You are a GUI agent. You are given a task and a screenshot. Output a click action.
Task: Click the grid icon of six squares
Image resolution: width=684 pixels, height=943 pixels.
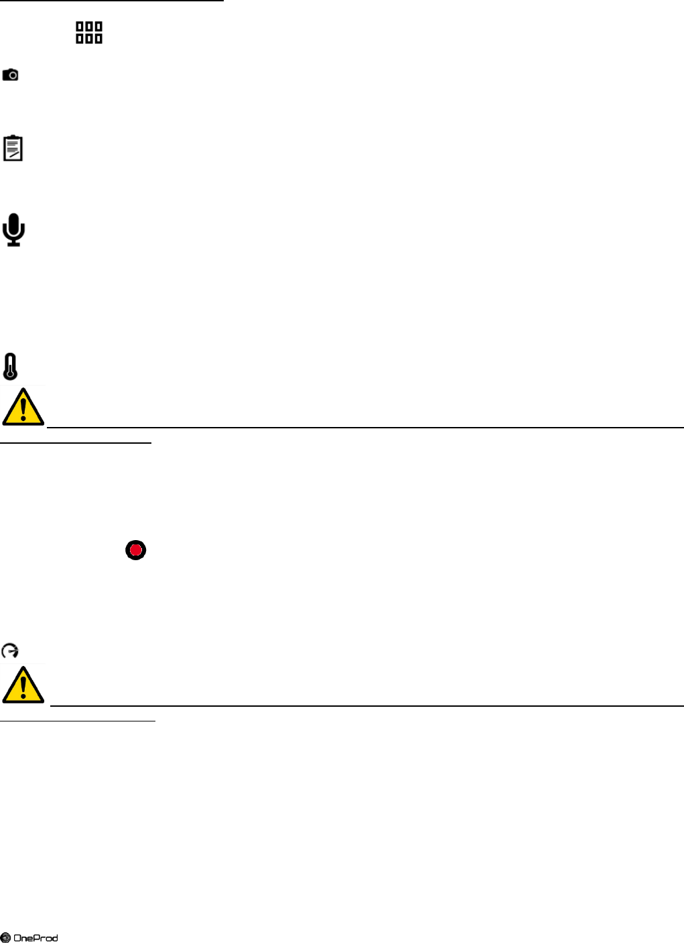coord(89,32)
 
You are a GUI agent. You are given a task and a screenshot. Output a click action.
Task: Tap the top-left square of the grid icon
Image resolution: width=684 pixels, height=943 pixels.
coord(80,27)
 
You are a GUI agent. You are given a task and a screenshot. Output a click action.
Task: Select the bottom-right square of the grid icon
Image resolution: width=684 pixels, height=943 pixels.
coord(98,38)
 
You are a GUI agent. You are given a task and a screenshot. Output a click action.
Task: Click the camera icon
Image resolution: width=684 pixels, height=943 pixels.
coord(10,74)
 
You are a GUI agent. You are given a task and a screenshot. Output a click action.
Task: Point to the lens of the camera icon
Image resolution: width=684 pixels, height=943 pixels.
coord(11,76)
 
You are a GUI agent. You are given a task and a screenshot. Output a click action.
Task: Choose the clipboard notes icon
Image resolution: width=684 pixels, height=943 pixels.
coord(13,148)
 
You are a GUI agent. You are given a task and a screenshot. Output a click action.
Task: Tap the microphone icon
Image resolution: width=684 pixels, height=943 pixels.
coord(13,230)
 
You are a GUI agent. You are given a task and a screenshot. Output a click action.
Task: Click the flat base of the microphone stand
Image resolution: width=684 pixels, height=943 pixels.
coord(13,244)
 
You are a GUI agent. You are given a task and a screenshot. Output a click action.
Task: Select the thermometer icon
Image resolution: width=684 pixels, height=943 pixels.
coord(10,367)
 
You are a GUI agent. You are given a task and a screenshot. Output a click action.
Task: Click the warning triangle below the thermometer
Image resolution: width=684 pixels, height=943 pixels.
coord(23,407)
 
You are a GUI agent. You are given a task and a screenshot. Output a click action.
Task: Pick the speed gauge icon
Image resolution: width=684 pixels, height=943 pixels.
coord(10,651)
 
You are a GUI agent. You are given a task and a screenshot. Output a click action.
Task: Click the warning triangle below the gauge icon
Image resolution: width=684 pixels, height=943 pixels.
coord(23,685)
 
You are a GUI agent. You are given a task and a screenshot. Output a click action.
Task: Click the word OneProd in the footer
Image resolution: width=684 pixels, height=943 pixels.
coord(36,938)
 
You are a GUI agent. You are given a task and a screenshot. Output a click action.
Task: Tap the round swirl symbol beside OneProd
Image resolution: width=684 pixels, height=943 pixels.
coord(5,938)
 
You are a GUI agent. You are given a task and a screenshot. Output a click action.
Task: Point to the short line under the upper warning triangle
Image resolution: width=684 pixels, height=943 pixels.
coord(76,442)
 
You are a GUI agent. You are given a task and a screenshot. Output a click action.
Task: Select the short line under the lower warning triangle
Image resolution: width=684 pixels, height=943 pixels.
coord(78,721)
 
